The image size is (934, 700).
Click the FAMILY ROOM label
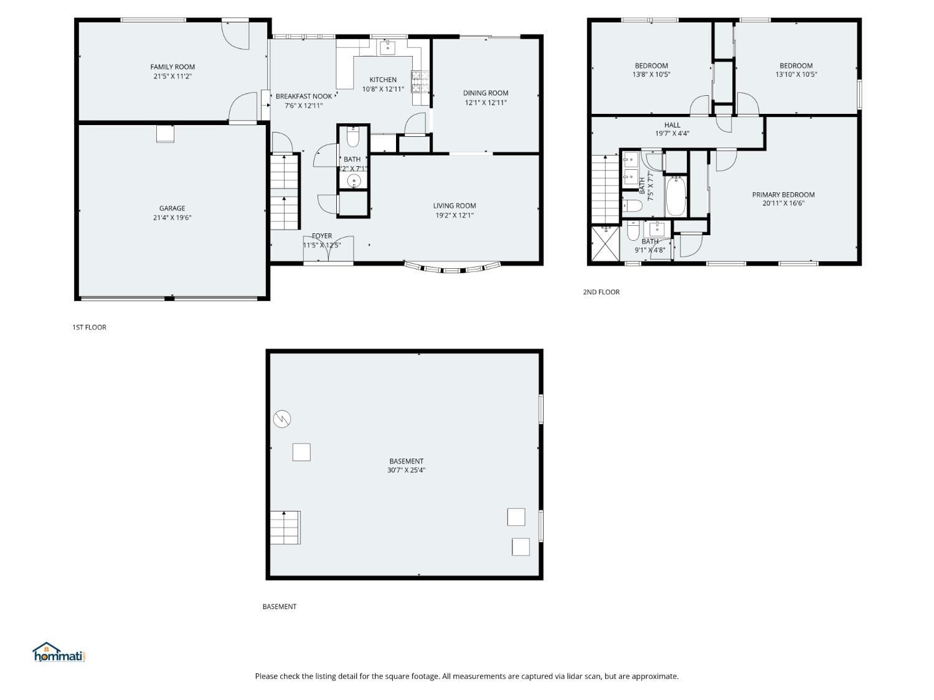[x=172, y=67]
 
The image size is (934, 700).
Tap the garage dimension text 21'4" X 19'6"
[x=172, y=218]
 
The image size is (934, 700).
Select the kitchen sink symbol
[x=387, y=47]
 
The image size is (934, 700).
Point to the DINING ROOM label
[x=486, y=93]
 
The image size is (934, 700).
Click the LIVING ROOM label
[x=455, y=206]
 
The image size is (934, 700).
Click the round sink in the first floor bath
[x=354, y=181]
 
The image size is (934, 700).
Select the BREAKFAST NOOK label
[x=304, y=96]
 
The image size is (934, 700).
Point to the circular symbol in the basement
[x=282, y=419]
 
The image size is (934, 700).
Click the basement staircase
[x=285, y=527]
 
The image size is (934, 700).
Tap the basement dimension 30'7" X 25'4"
[x=406, y=470]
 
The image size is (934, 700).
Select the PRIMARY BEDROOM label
[x=783, y=195]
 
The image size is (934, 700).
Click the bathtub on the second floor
[x=676, y=195]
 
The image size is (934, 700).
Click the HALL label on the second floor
[x=672, y=125]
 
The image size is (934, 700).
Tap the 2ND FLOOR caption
[x=601, y=292]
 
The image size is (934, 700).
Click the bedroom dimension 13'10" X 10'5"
[x=796, y=75]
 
